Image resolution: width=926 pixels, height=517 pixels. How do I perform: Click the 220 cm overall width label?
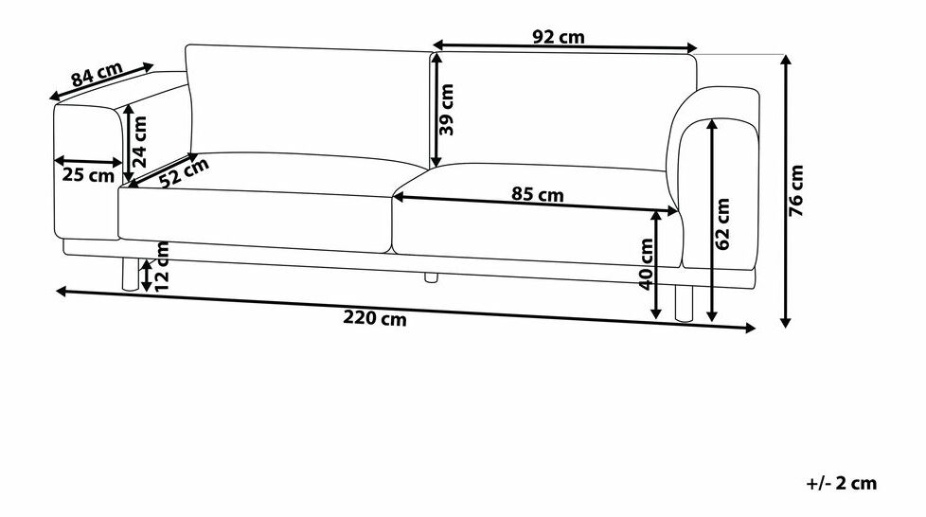click(x=375, y=318)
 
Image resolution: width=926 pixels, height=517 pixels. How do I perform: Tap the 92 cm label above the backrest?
click(x=559, y=37)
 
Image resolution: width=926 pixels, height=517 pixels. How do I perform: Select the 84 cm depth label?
click(x=97, y=74)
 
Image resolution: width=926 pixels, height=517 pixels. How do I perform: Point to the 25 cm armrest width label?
click(x=88, y=175)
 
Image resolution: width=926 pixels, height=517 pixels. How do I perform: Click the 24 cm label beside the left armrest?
click(x=139, y=141)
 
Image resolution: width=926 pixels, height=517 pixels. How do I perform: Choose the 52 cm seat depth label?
click(x=185, y=172)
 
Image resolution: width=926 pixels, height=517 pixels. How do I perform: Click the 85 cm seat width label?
click(x=538, y=194)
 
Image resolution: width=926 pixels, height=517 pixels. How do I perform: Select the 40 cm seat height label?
click(x=647, y=264)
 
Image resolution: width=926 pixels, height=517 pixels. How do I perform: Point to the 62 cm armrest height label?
click(x=722, y=223)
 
